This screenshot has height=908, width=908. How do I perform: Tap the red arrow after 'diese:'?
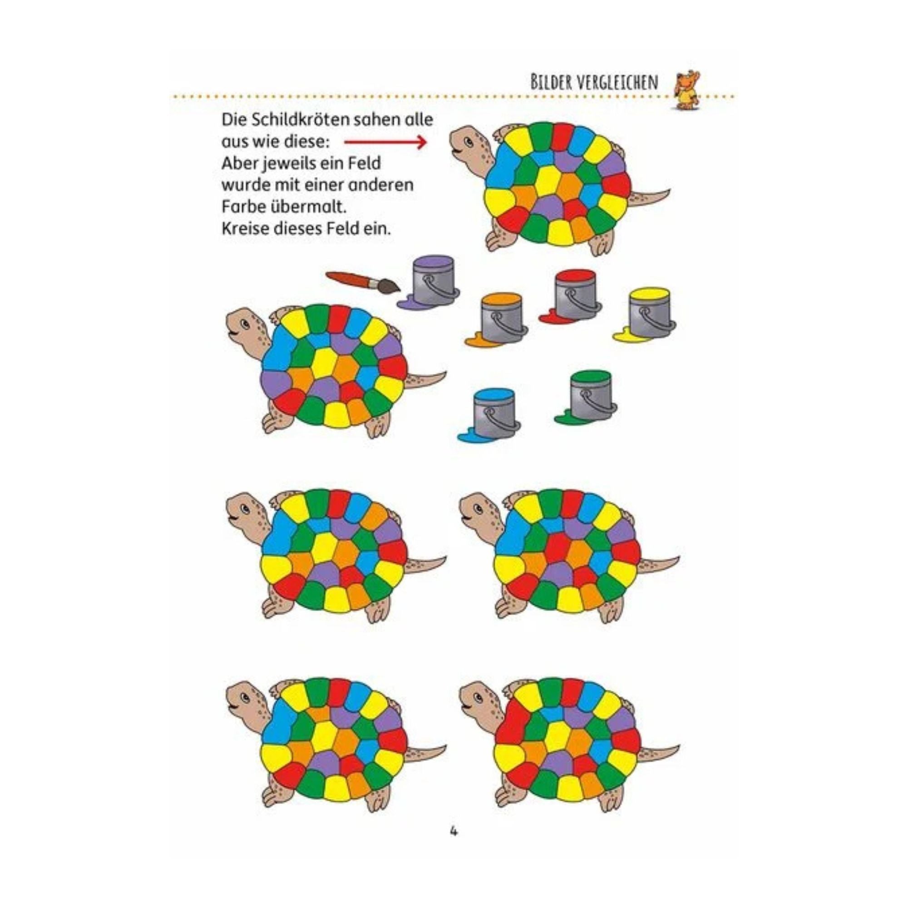[x=385, y=142]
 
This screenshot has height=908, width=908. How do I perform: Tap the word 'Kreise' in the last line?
[x=243, y=229]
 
